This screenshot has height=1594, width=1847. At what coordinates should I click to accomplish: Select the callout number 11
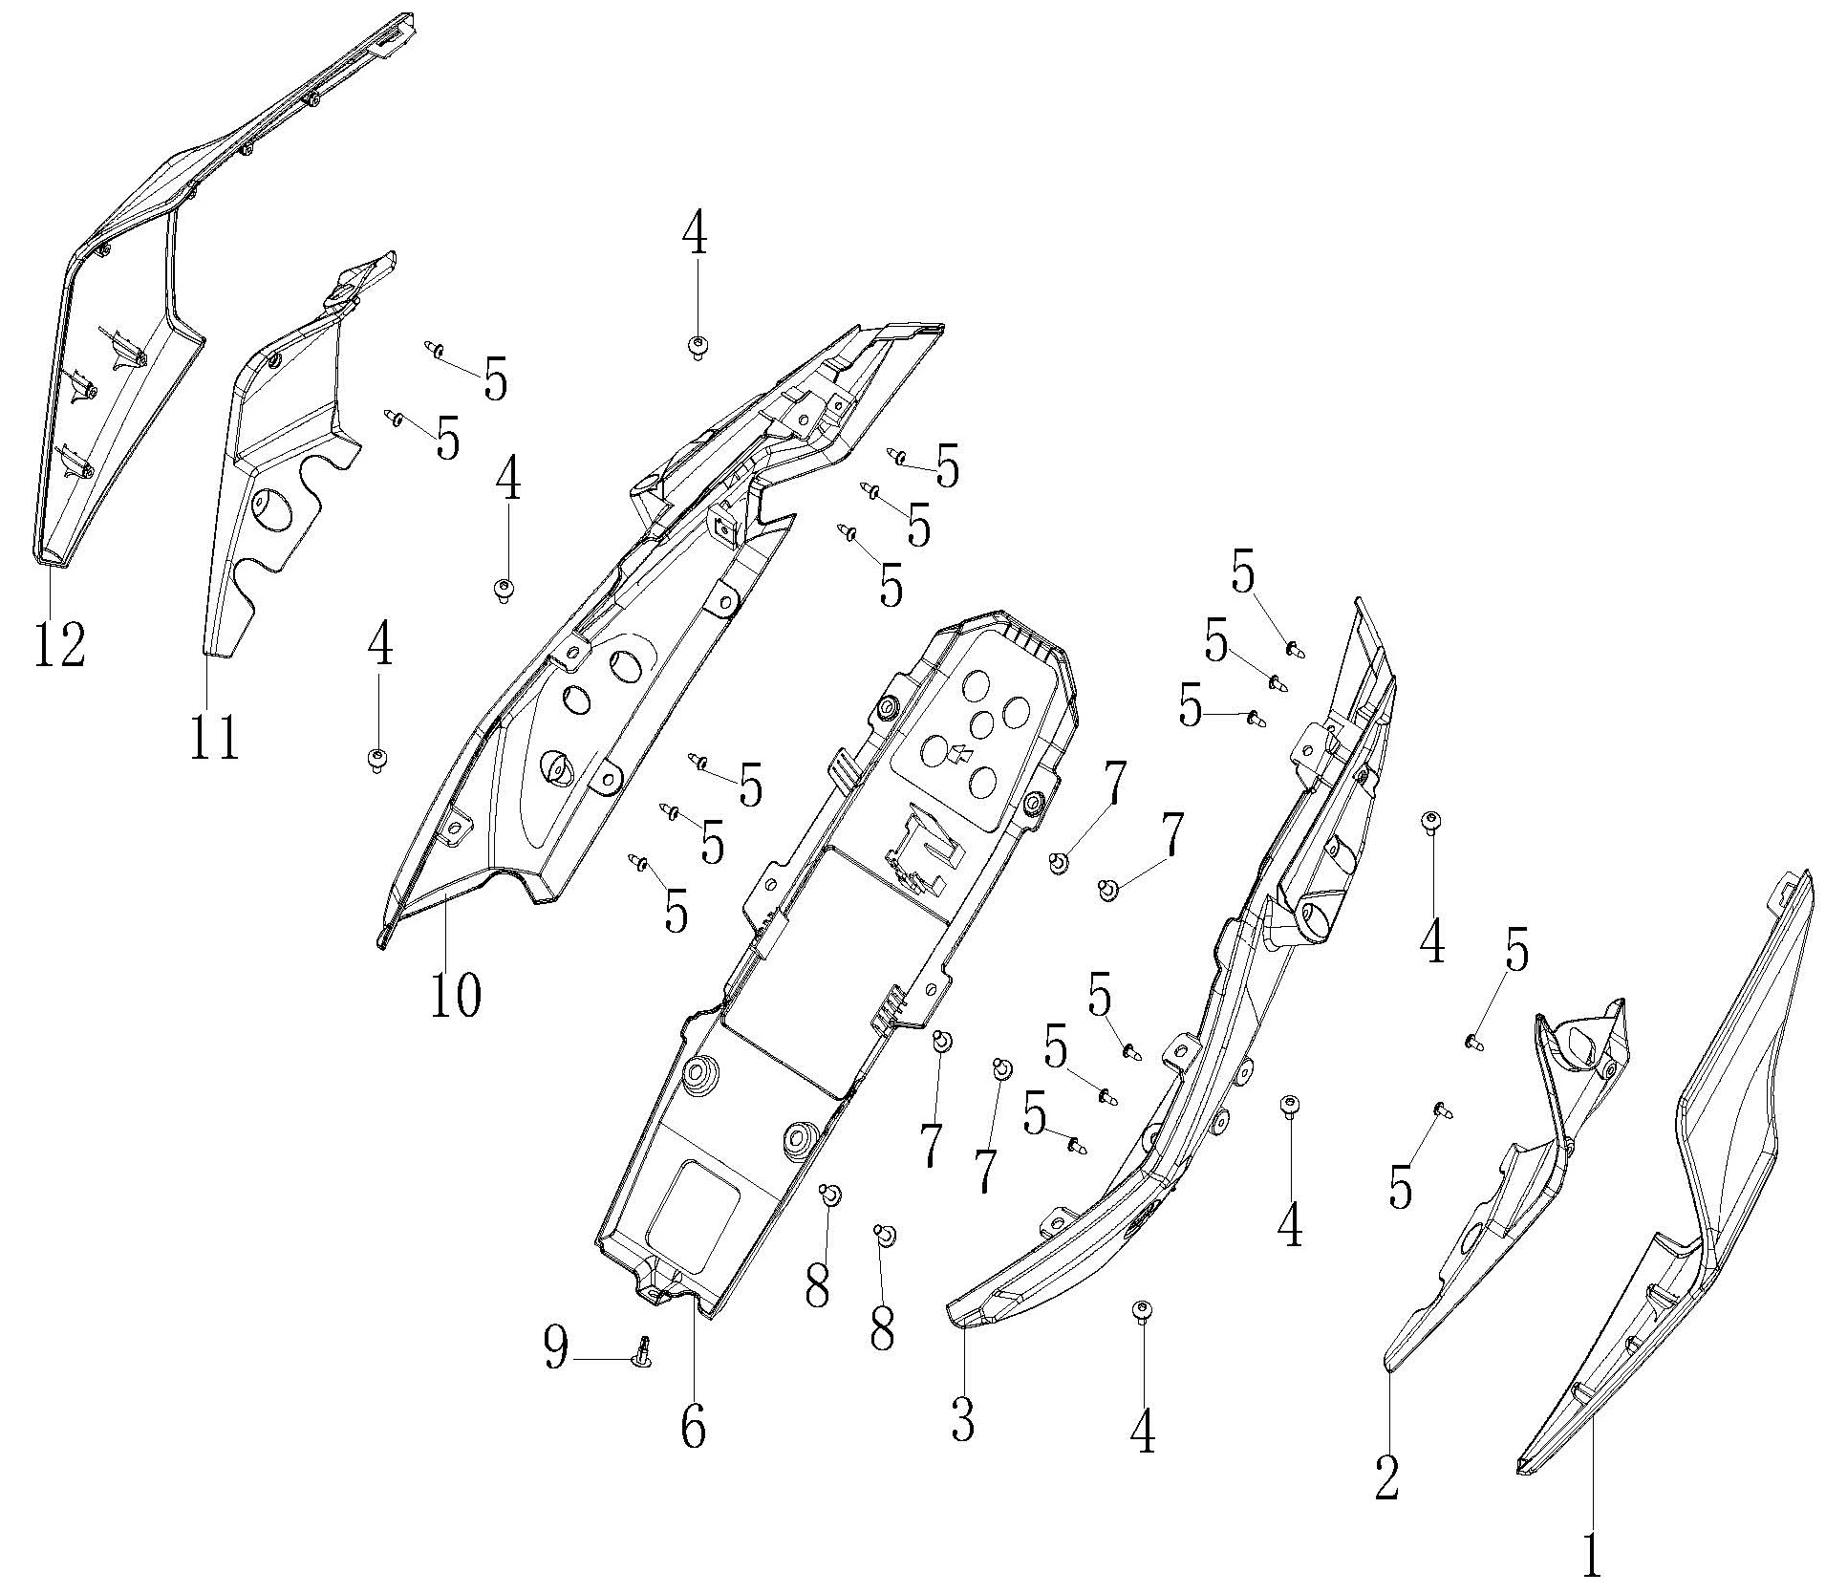pos(213,738)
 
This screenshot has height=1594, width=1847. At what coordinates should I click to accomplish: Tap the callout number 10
pos(455,997)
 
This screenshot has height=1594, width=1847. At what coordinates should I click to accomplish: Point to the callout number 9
pos(556,1347)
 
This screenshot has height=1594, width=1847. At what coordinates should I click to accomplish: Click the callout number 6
pos(693,1427)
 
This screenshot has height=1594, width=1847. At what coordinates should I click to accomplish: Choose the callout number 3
pos(962,1418)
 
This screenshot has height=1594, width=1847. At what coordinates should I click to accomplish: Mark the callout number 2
pos(1386,1476)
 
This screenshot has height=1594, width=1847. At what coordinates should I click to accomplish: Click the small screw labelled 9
pos(643,1351)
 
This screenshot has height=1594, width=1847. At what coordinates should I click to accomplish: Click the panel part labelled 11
pos(277,459)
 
